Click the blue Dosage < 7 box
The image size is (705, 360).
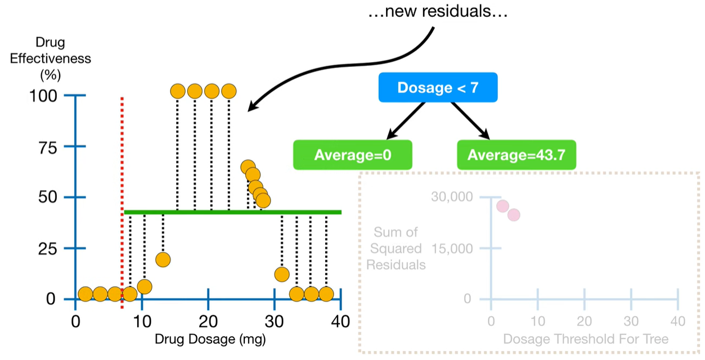pos(438,88)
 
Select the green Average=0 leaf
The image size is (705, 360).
pos(353,155)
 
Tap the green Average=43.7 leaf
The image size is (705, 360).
pos(517,155)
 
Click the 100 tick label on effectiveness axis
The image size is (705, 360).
pos(43,96)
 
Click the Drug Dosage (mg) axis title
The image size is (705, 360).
pos(210,340)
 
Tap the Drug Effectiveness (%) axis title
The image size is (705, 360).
pos(51,58)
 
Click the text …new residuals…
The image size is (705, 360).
pos(438,12)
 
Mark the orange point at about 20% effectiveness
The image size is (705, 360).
pos(163,259)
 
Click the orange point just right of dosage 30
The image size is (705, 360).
pos(282,274)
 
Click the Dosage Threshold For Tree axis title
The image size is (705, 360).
pos(586,339)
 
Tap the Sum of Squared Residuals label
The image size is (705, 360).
pos(396,248)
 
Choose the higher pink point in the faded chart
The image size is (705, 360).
pos(502,206)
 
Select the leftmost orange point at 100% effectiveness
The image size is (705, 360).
pos(178,91)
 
